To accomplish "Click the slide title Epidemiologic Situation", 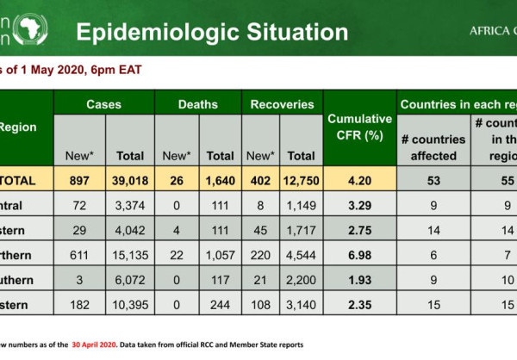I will click(x=212, y=33).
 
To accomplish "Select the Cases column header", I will click(x=103, y=104).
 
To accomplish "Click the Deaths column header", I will click(x=197, y=104).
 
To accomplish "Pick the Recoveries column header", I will click(x=282, y=104).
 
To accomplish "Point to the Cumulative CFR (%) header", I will click(x=359, y=127).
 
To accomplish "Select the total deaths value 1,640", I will click(x=220, y=181).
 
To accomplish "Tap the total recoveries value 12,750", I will click(x=301, y=181).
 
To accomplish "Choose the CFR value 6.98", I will click(x=359, y=256).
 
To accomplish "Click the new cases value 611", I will click(x=78, y=256).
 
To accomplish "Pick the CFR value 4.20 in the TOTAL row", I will click(x=359, y=181).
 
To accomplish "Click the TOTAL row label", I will click(x=18, y=181).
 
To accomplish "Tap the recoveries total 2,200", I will click(x=301, y=281).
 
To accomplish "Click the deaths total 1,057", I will click(x=220, y=256).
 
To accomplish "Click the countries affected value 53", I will click(x=433, y=181).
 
